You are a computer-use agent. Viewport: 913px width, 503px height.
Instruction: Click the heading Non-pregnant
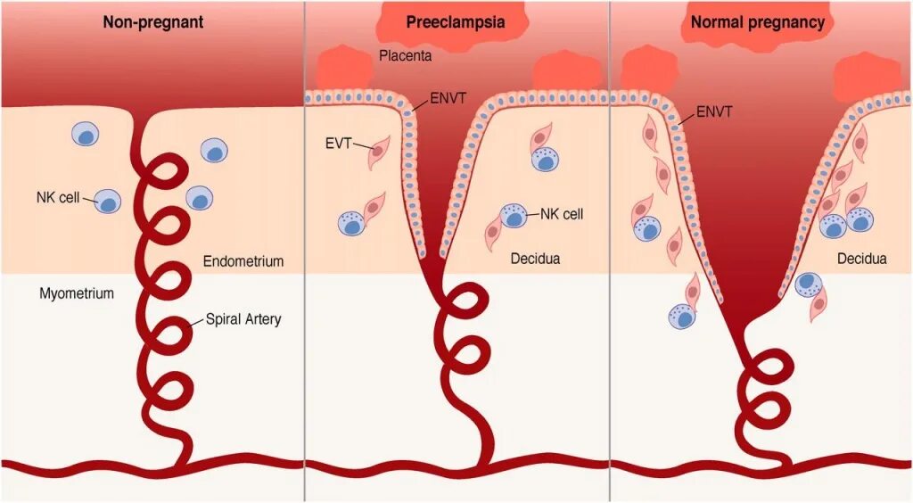click(x=152, y=22)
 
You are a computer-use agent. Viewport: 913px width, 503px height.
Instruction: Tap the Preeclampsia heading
click(x=455, y=22)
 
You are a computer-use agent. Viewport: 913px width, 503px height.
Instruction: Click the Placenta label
click(x=406, y=56)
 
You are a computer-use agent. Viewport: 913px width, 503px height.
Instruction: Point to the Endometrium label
click(x=243, y=261)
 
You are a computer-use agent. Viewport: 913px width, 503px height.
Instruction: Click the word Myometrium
click(x=77, y=293)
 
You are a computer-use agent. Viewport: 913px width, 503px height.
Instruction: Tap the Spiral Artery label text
click(x=243, y=319)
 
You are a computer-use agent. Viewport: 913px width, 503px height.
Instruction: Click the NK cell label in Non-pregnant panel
click(x=58, y=197)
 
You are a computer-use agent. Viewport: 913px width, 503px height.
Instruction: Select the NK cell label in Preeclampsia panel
click(x=562, y=214)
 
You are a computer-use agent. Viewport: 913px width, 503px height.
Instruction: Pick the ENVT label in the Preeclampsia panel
click(x=448, y=95)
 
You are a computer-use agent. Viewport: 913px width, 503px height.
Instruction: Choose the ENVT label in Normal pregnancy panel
click(x=715, y=111)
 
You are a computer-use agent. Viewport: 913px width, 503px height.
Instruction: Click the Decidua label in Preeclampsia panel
click(x=535, y=260)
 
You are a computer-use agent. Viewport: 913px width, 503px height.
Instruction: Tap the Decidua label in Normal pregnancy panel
click(x=862, y=259)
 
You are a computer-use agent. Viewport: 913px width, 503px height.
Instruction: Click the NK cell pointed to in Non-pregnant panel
click(x=107, y=202)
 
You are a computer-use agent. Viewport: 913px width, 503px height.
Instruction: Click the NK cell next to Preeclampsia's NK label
click(x=514, y=217)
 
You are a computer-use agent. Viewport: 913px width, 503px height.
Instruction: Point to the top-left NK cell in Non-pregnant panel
click(x=86, y=135)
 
